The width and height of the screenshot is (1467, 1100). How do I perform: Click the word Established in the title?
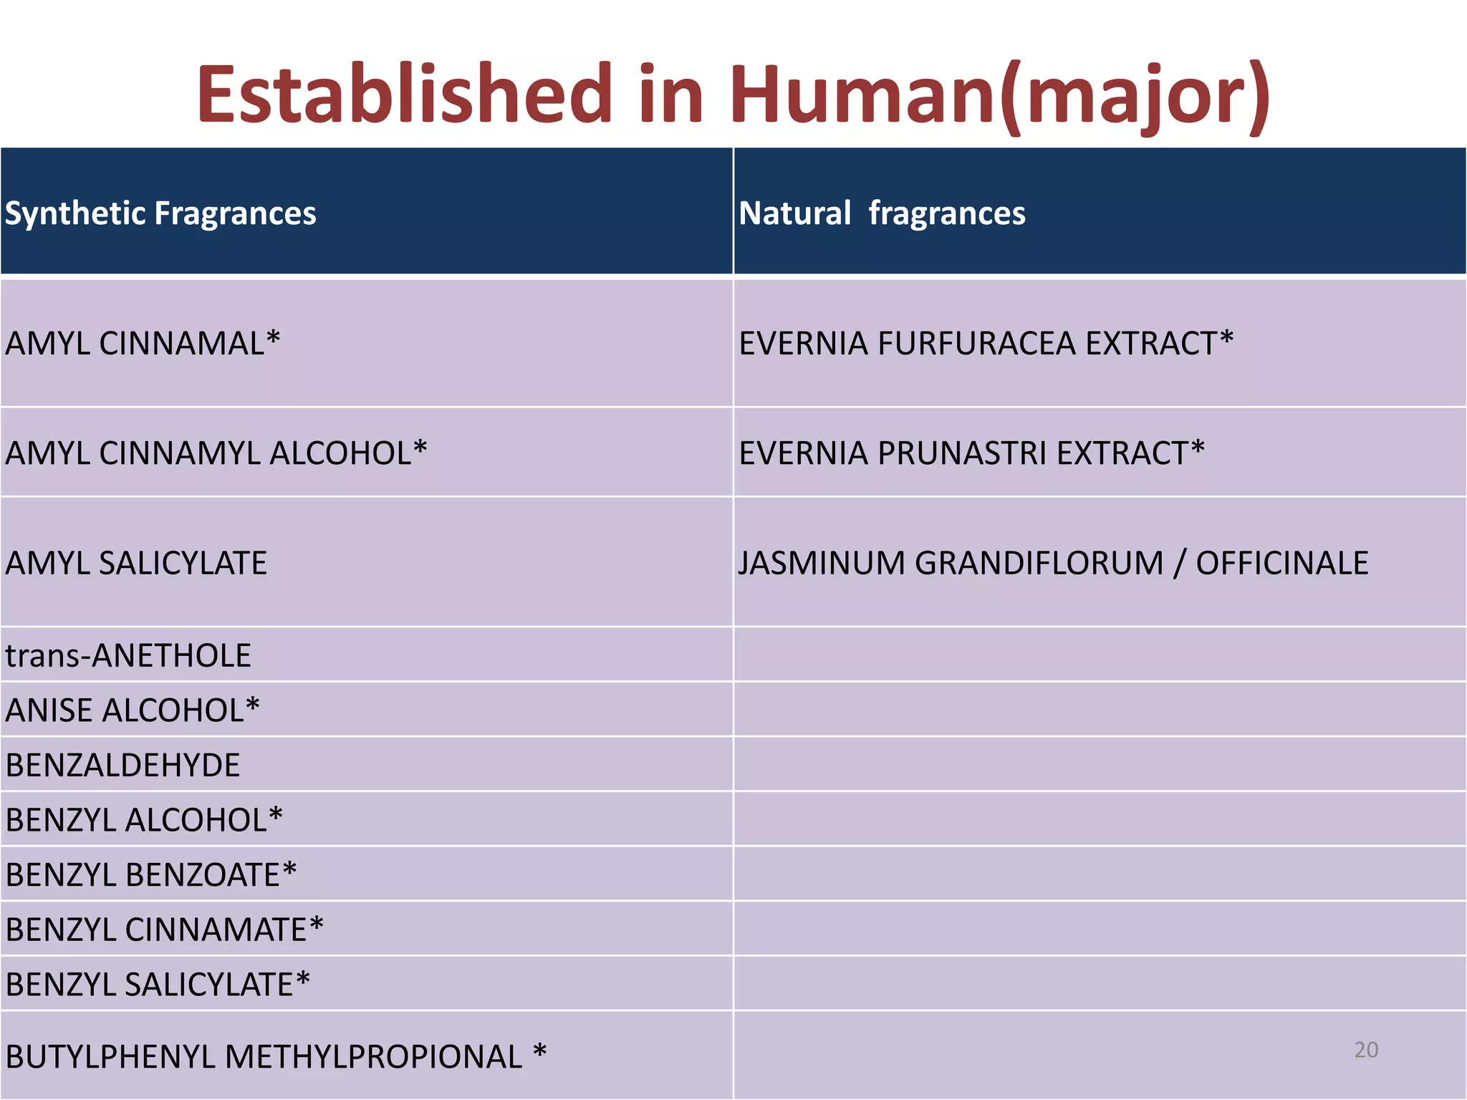coord(405,94)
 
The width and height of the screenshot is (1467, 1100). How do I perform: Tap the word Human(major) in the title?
coord(1000,95)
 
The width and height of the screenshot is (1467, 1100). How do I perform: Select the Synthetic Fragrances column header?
coord(160,213)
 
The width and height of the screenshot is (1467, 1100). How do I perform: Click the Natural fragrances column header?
coord(882,213)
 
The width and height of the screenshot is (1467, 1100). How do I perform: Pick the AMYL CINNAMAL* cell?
coord(143,343)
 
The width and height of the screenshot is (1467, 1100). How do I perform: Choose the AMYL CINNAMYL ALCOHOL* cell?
coord(216,453)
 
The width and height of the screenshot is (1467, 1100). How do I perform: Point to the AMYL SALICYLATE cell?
coord(136,563)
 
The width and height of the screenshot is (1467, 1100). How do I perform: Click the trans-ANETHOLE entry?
coord(128,655)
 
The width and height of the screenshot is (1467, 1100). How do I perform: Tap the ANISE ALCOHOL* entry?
coord(133,710)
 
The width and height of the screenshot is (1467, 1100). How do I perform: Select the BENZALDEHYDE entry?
coord(122,765)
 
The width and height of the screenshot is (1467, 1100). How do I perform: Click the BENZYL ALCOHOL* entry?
coord(144,819)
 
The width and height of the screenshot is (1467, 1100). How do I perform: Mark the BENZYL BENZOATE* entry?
coord(151,874)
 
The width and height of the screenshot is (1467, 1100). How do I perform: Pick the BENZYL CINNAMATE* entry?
coord(164,929)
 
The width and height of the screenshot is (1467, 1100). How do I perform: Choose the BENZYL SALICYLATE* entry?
coord(158,984)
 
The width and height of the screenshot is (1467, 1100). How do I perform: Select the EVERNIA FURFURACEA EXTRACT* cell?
coord(986,343)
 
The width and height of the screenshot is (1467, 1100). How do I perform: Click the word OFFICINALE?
coord(1282,563)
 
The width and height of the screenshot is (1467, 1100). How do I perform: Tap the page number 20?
coord(1366,1050)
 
